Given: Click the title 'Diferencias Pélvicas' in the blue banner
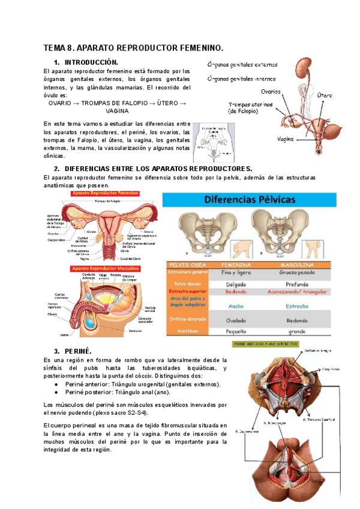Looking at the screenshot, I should pos(247,200).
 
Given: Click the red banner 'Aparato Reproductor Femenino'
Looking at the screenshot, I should pos(105,194).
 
